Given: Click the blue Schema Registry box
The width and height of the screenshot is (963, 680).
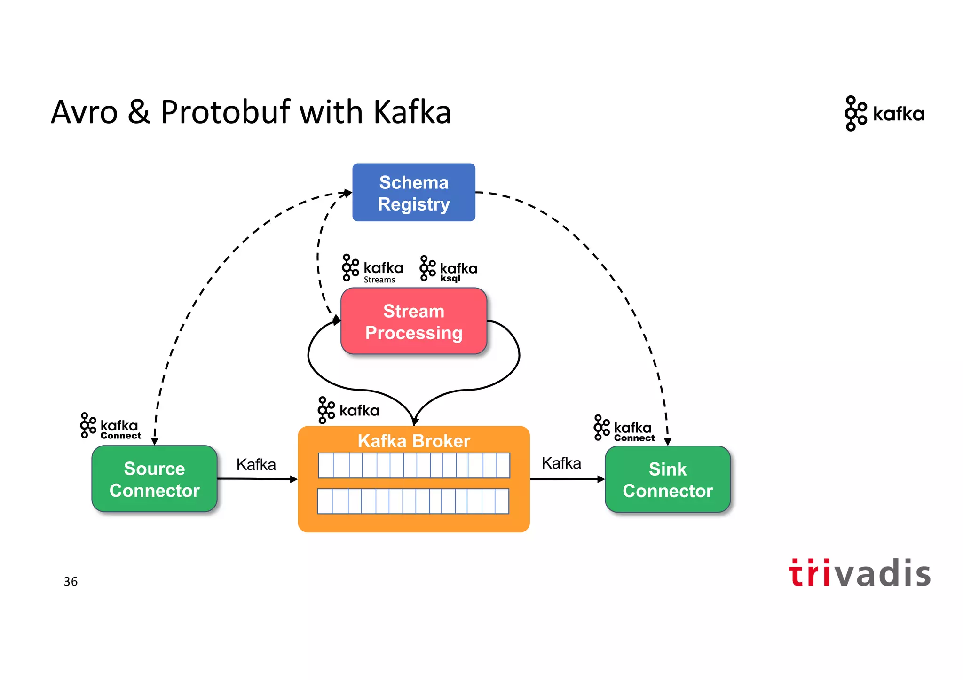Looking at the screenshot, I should point(413,193).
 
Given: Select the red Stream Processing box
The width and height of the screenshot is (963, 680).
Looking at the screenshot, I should point(413,321).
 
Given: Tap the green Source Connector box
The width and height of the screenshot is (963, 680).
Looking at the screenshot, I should point(154,479).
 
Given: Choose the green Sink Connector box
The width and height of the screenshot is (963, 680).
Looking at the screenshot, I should point(667,479).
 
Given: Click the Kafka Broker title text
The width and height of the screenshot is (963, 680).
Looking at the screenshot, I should point(413,441).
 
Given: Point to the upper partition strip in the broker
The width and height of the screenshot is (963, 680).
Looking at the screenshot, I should point(413,465).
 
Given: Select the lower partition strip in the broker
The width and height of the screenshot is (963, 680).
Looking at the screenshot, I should point(413,501).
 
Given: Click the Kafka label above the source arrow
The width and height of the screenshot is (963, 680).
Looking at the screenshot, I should point(256,464).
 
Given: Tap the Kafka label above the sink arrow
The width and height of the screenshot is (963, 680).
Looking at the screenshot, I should point(561,463).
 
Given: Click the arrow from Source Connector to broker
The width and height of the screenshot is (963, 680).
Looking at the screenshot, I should point(257,479).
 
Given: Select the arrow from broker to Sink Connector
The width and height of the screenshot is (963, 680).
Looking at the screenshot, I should point(567,479).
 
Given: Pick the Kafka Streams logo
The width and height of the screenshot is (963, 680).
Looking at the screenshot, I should point(372,269).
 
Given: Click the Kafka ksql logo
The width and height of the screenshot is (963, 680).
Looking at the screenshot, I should point(448,269).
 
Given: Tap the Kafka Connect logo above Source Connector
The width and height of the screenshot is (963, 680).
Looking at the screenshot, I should point(111,426).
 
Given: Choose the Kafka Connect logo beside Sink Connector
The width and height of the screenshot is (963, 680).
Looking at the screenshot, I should point(624,428).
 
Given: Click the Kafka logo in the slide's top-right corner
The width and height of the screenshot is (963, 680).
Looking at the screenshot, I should point(884,114).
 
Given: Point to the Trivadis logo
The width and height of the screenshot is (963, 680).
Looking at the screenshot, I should point(859,573).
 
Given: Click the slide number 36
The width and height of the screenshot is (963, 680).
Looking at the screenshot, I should point(71,581).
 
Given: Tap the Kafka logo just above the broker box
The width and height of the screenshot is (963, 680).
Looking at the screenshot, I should point(348,410).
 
